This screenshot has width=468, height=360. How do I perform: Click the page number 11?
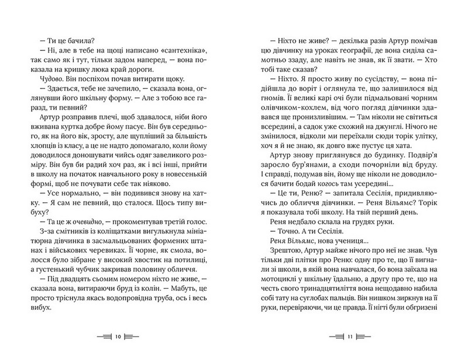(x=349, y=338)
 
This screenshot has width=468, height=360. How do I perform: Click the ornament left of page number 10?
(x=103, y=338)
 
